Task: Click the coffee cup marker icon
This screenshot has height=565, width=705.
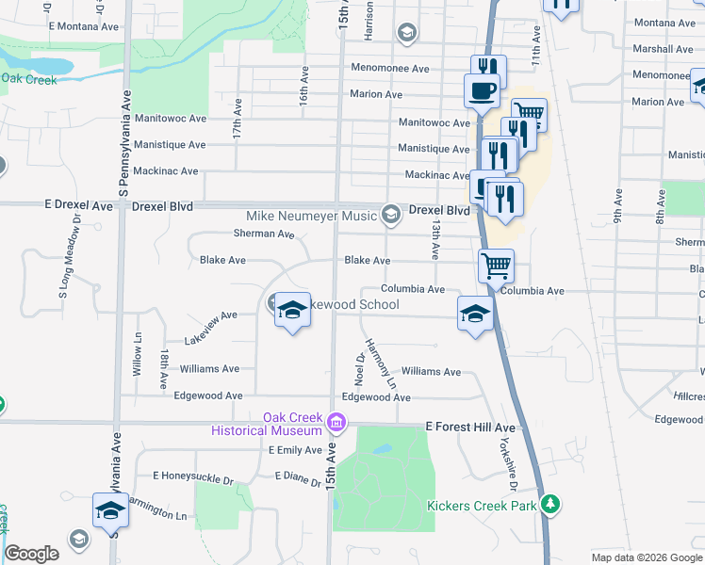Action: coord(482,91)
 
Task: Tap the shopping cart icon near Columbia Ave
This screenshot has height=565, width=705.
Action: coord(496,265)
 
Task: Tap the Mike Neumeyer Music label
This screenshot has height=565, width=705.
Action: coord(311,217)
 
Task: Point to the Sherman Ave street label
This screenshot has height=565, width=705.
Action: coord(264,234)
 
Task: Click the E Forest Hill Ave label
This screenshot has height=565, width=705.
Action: coord(470,428)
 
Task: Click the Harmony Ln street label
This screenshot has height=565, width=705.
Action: coord(381,364)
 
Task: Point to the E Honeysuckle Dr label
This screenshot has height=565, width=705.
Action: coord(192,478)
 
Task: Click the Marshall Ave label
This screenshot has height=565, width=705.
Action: coord(664,49)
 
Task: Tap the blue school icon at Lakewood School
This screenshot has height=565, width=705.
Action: coord(292,311)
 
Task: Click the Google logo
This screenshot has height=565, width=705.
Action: coord(32,554)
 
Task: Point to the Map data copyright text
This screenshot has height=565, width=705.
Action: coord(647,557)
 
